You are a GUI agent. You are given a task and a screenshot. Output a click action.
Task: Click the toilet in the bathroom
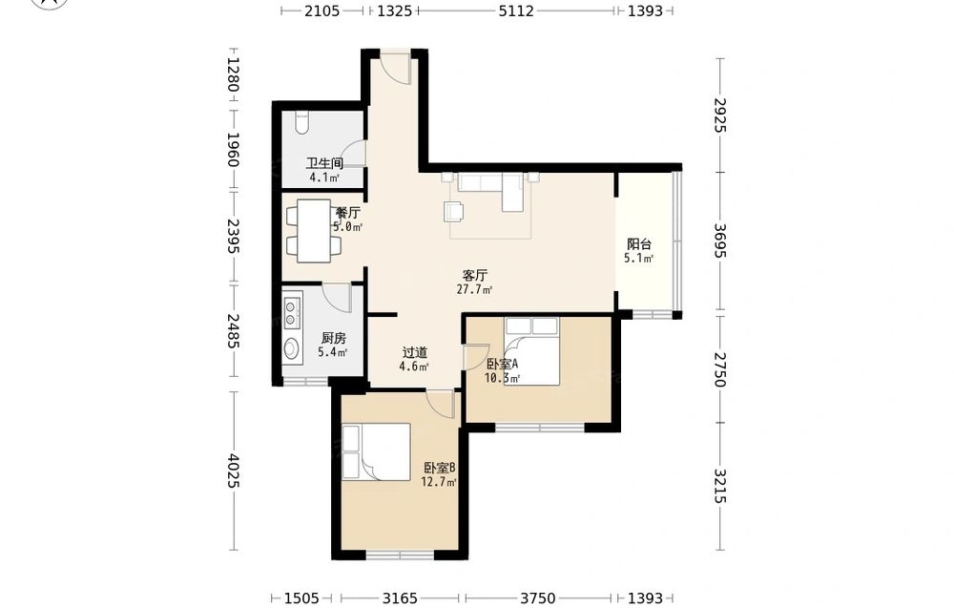click(x=301, y=122)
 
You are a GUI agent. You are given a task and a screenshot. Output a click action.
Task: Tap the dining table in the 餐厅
click(x=314, y=231)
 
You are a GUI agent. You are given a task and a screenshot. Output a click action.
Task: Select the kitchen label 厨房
click(x=333, y=338)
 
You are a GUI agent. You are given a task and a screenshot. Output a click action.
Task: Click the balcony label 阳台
click(x=639, y=244)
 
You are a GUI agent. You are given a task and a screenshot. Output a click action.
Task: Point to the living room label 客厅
click(x=474, y=275)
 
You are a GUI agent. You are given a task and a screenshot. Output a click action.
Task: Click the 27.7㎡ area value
click(x=474, y=290)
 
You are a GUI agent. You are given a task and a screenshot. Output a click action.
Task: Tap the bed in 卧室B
click(x=376, y=452)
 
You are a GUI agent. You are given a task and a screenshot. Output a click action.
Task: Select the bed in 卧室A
click(x=531, y=351)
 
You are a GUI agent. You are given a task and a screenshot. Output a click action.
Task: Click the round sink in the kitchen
click(x=292, y=349)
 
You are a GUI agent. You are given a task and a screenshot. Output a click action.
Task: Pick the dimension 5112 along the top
click(x=516, y=10)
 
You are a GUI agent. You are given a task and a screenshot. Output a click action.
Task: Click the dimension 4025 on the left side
click(x=233, y=471)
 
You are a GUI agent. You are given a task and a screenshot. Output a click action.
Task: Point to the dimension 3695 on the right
click(x=719, y=241)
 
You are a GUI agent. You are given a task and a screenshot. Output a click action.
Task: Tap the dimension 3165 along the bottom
click(x=400, y=598)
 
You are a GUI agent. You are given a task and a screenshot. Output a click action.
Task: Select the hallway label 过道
click(x=414, y=352)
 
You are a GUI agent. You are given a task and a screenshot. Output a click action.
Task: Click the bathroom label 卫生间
click(x=324, y=163)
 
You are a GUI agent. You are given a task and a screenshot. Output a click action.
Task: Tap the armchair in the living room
click(x=454, y=211)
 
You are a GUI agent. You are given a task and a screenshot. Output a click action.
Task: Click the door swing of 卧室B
click(x=441, y=404)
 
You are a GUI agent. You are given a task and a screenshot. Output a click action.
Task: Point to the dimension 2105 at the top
click(x=321, y=10)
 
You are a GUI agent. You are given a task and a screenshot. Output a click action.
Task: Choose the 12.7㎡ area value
click(x=439, y=482)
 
